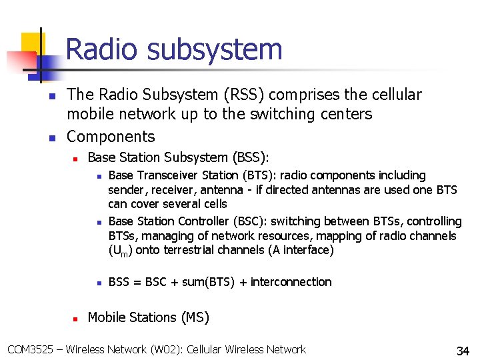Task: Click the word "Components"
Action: click(x=111, y=137)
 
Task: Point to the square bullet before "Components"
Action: click(x=52, y=138)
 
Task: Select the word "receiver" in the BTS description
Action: click(x=174, y=190)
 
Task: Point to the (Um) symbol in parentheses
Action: click(x=119, y=251)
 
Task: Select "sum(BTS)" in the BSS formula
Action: click(x=205, y=282)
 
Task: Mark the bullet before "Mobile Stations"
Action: click(x=75, y=319)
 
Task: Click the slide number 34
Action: click(x=463, y=351)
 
